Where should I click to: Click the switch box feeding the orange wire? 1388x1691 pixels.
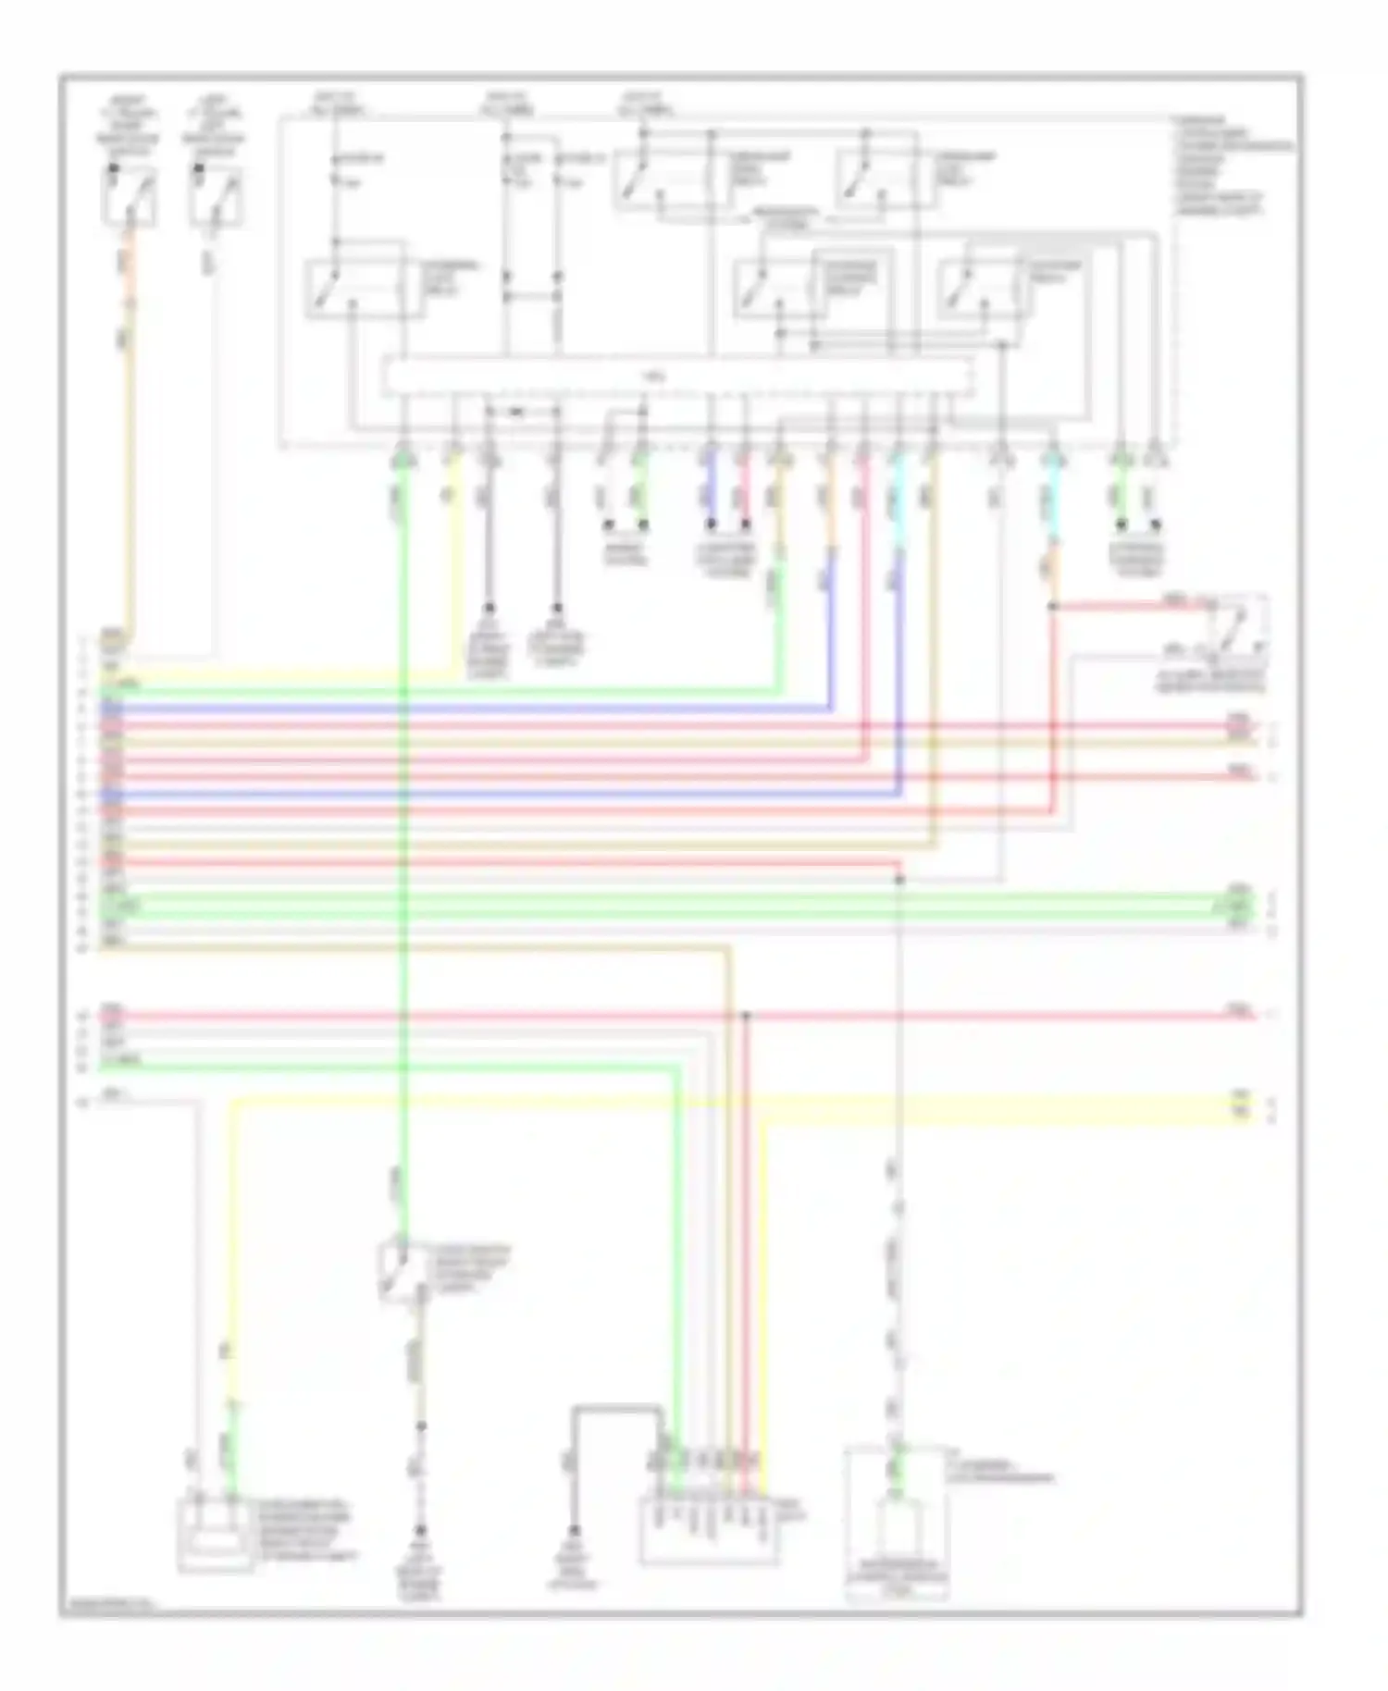(x=129, y=196)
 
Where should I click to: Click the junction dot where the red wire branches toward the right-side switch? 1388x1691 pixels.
(x=1052, y=608)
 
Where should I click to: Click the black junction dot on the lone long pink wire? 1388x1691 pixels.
(x=747, y=1016)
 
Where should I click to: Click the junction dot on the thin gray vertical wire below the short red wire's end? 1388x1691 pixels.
(x=898, y=880)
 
